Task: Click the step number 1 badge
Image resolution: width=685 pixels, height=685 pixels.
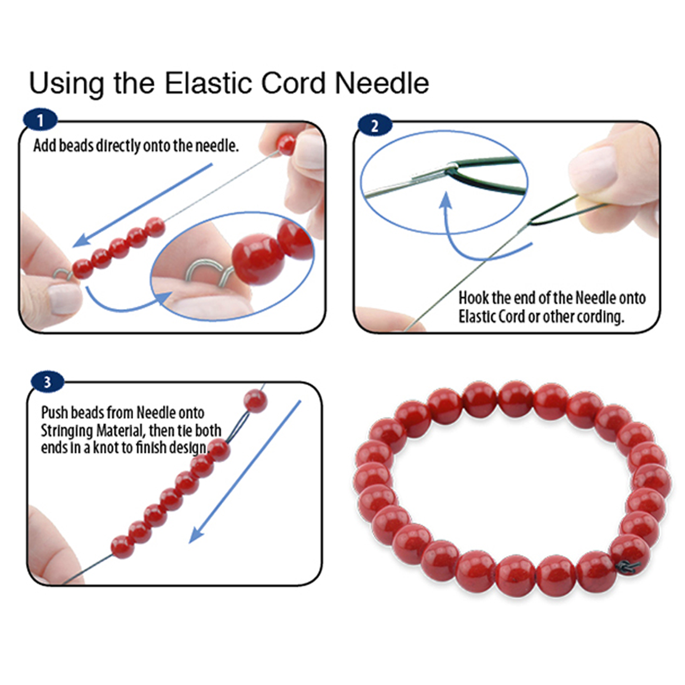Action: pyautogui.click(x=40, y=120)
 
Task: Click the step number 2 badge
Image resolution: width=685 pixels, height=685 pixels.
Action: pyautogui.click(x=374, y=126)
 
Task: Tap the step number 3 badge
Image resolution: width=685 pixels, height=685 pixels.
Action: pyautogui.click(x=47, y=382)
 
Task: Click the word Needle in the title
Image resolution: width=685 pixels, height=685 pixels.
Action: pyautogui.click(x=382, y=83)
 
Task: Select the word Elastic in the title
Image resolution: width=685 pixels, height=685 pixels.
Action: pyautogui.click(x=209, y=83)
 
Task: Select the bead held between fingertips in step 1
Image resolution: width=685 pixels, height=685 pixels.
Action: pyautogui.click(x=286, y=144)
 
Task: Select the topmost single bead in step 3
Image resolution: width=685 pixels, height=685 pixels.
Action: pyautogui.click(x=255, y=401)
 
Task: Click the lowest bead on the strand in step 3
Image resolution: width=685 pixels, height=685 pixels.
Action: pyautogui.click(x=122, y=547)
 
